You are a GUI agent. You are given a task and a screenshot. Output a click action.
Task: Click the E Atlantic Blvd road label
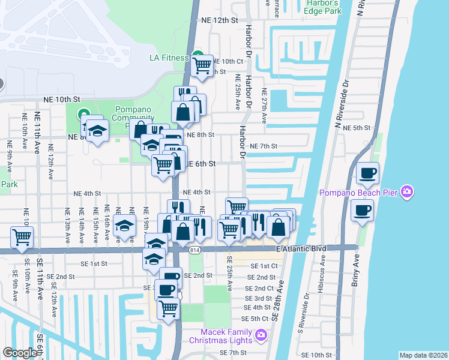click(297, 248)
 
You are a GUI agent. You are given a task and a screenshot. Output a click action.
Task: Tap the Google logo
click(20, 352)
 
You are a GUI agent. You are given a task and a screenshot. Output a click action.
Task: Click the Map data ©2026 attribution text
click(423, 355)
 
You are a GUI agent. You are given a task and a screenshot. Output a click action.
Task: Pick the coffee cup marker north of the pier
click(367, 174)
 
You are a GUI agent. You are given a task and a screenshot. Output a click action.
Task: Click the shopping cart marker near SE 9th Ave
click(22, 236)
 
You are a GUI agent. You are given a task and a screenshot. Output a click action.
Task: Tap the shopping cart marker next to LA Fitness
click(202, 64)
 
